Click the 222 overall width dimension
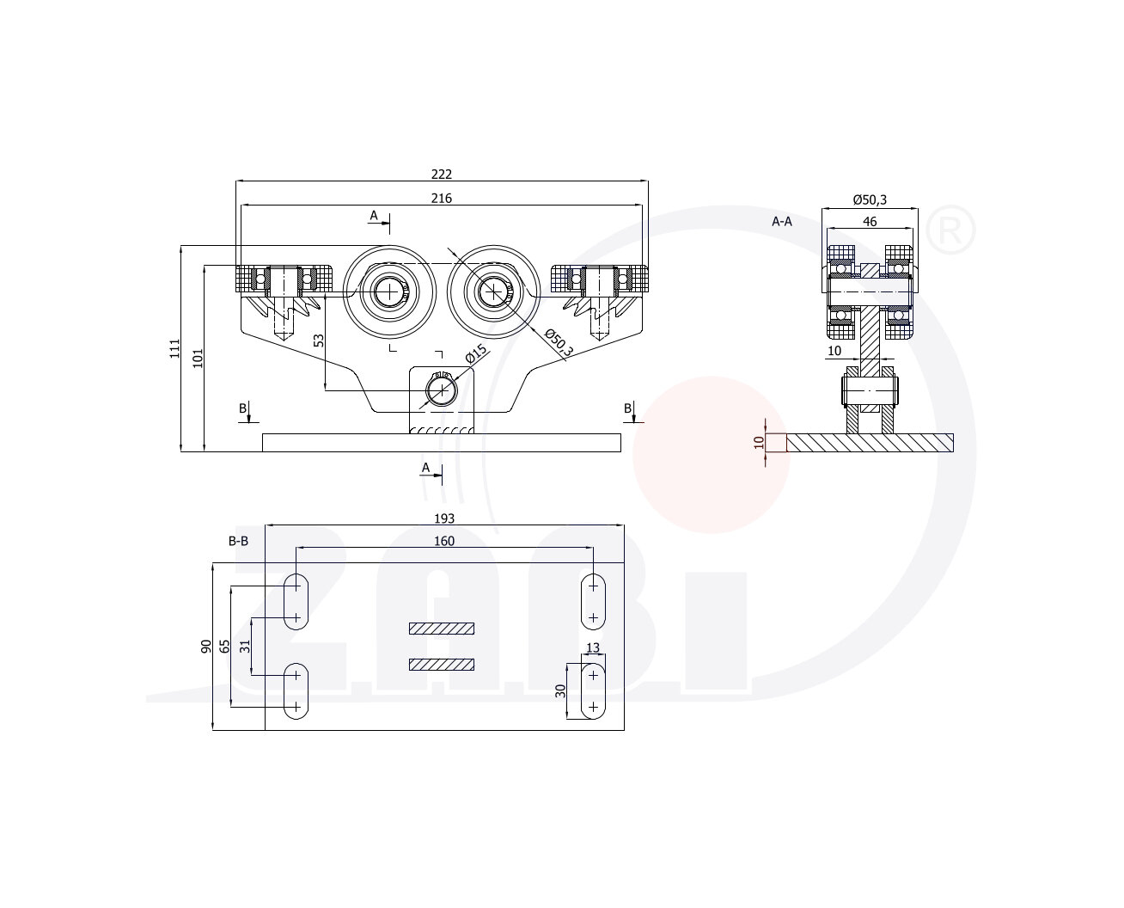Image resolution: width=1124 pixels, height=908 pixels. (x=441, y=175)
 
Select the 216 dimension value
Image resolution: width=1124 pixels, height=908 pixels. (x=441, y=199)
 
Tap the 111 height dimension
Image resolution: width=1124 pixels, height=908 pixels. (x=174, y=349)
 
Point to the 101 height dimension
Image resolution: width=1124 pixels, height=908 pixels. (x=198, y=359)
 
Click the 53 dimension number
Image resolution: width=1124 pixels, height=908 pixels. (x=319, y=340)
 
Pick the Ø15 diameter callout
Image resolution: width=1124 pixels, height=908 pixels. (x=477, y=353)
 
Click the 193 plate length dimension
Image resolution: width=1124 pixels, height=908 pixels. (x=443, y=519)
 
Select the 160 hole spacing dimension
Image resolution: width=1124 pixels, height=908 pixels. (x=443, y=541)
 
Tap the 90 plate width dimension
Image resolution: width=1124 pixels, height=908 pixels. (x=205, y=646)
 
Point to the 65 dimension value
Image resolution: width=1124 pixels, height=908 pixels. (x=225, y=646)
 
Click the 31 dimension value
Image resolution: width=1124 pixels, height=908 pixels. (x=245, y=646)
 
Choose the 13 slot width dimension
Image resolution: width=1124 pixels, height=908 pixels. (x=593, y=647)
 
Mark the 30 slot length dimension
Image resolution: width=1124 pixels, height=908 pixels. (x=560, y=691)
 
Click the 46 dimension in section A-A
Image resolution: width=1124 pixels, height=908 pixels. (x=869, y=222)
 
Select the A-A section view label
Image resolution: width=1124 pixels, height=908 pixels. (x=781, y=222)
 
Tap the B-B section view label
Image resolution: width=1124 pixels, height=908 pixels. (x=238, y=541)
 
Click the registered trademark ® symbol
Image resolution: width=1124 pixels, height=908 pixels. (x=950, y=230)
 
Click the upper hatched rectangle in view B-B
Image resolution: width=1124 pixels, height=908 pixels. (x=442, y=629)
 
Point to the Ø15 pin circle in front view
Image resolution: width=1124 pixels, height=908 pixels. (x=441, y=390)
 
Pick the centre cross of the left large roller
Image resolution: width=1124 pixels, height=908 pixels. (x=389, y=291)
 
